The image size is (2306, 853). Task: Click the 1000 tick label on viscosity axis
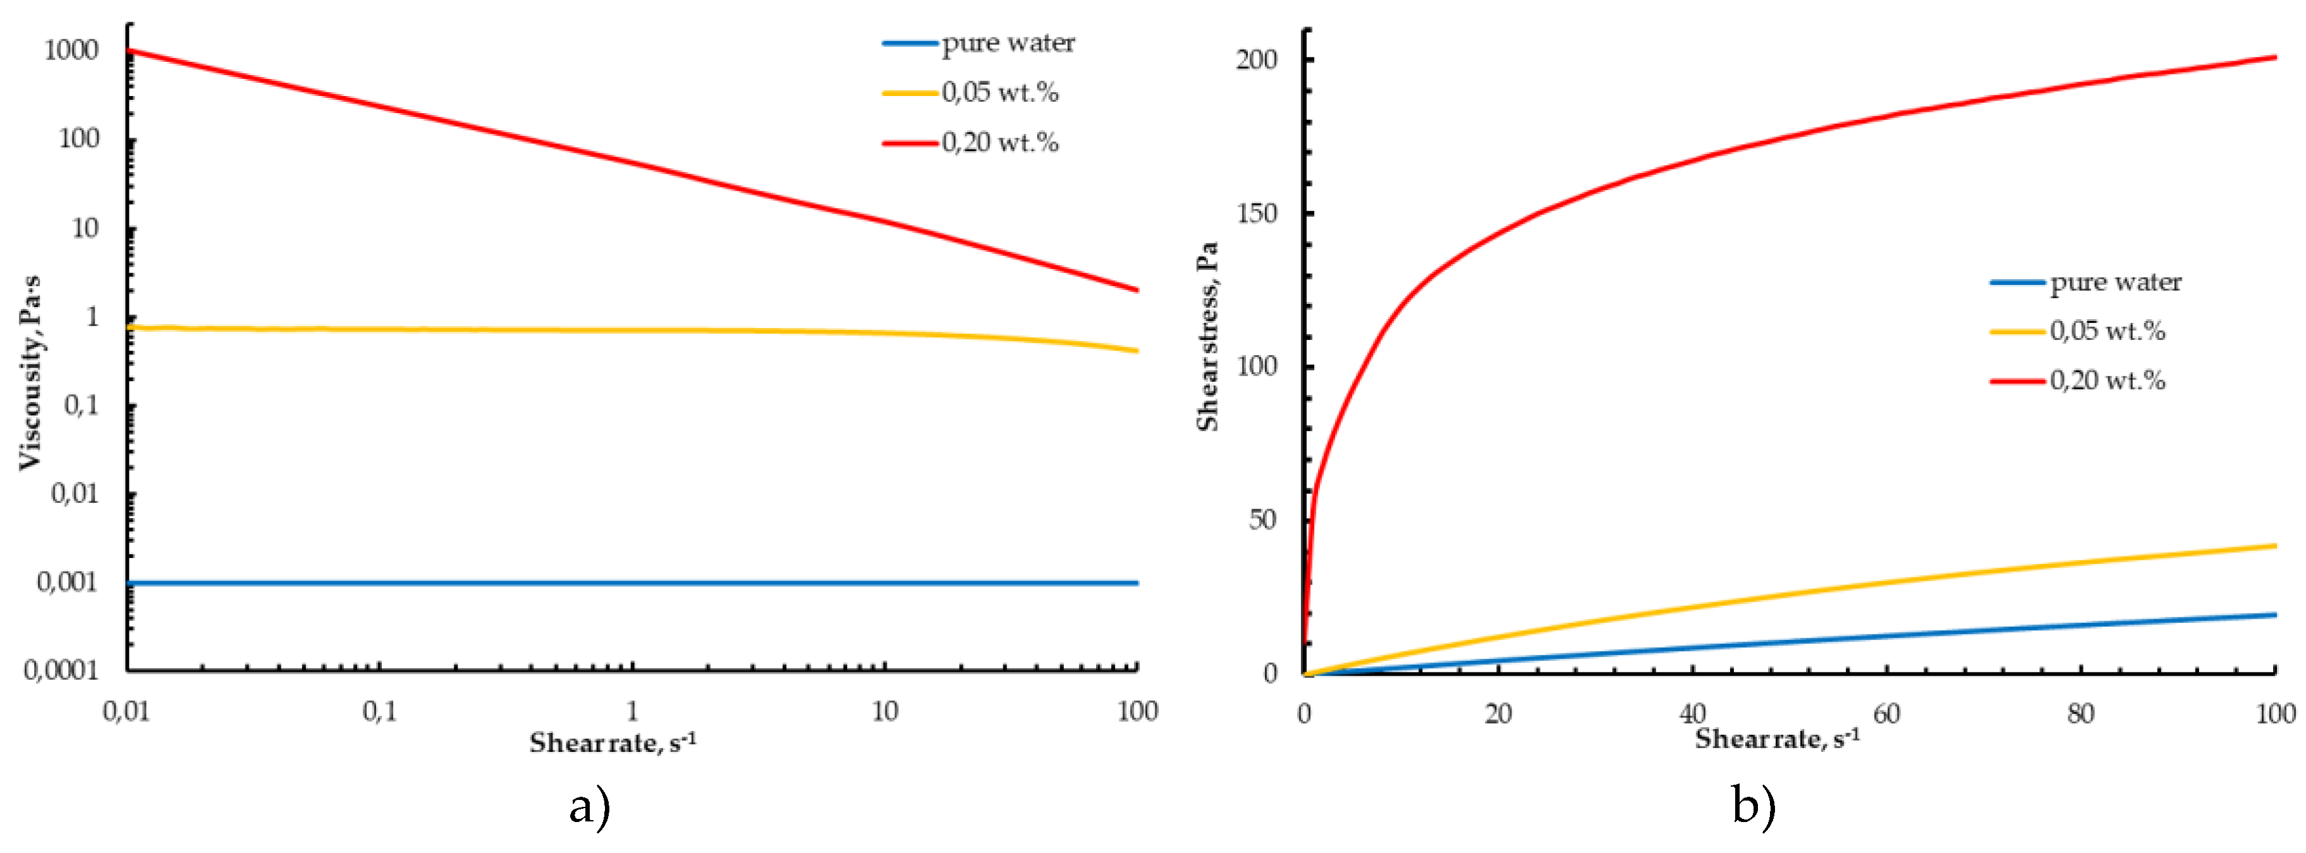pos(71,50)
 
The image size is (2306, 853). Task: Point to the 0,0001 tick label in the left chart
pos(61,670)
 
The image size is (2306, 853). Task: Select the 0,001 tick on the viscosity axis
pos(66,583)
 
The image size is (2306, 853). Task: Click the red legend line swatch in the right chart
pos(2018,380)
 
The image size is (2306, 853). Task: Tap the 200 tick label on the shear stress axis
pos(1256,60)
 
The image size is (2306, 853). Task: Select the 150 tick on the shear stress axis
pos(1256,213)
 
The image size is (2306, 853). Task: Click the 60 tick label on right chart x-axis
pos(1886,713)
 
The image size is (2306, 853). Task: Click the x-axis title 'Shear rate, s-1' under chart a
pos(613,742)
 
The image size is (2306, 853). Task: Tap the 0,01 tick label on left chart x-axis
pos(126,711)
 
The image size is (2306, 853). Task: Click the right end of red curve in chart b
pos(2274,58)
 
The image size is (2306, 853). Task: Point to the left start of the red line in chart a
pos(130,51)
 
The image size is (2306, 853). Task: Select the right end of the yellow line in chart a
pos(1137,351)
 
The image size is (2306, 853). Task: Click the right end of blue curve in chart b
pos(2274,615)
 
